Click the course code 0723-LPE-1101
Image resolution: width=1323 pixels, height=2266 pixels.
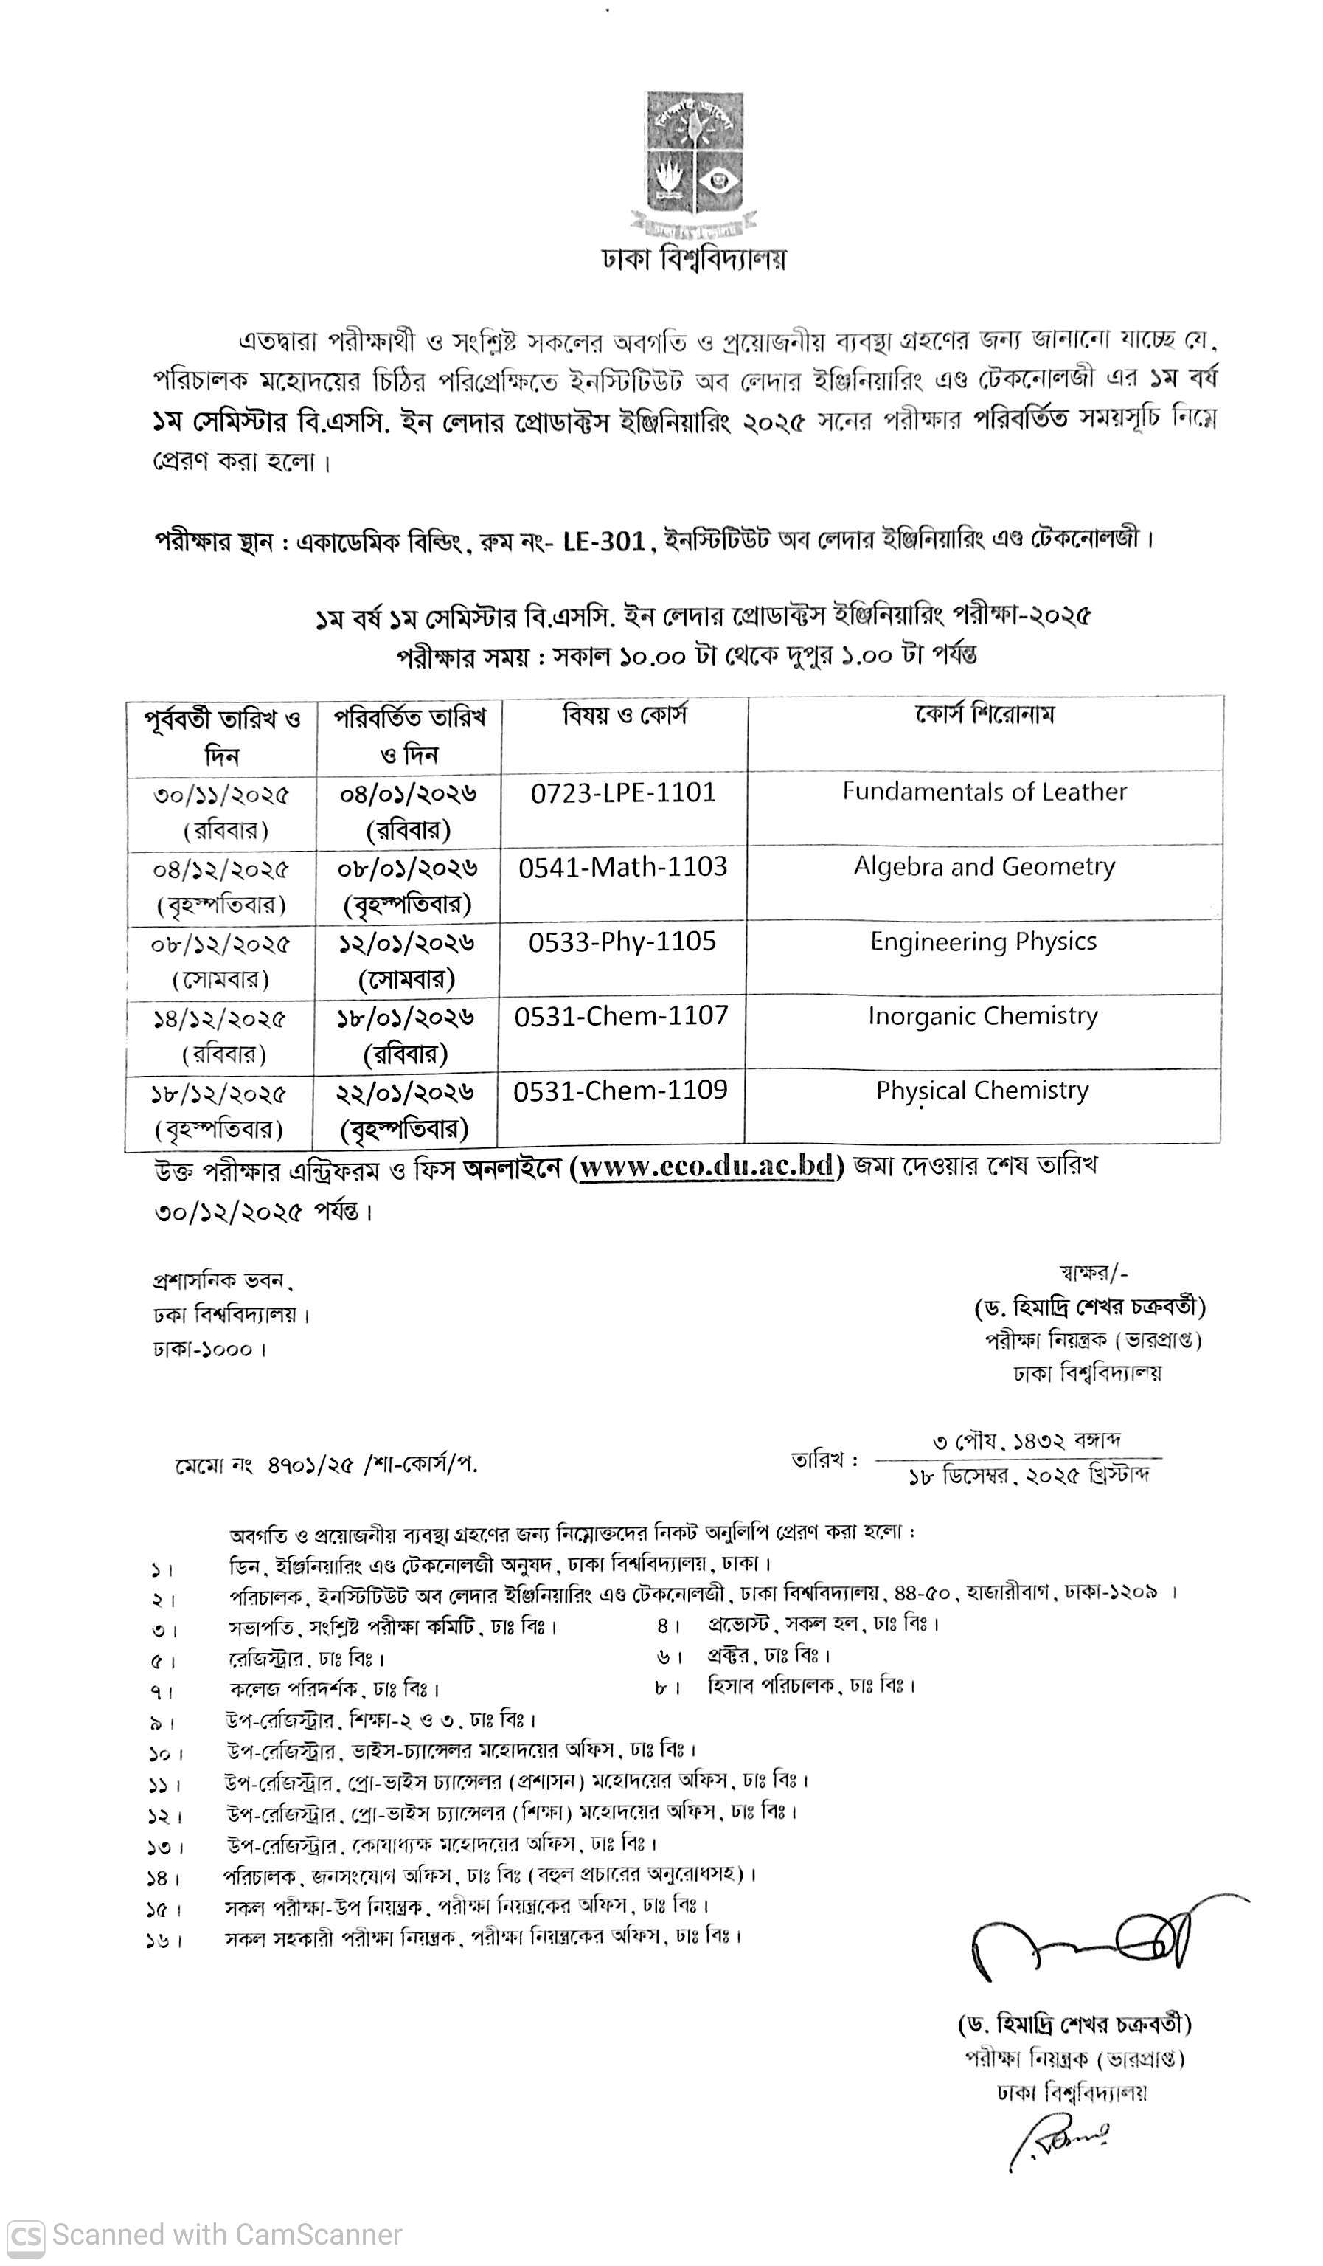(x=623, y=792)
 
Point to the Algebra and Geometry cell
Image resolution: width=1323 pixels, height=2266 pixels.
(x=985, y=867)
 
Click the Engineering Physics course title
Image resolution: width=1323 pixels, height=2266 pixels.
(x=983, y=942)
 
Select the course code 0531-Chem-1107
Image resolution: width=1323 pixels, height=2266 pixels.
(x=621, y=1016)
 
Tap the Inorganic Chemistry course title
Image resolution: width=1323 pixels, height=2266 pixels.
(x=982, y=1016)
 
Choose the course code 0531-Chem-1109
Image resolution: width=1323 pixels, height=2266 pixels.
(x=620, y=1091)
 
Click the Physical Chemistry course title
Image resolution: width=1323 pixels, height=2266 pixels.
(x=982, y=1091)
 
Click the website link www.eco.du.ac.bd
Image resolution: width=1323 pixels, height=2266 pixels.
(x=707, y=1167)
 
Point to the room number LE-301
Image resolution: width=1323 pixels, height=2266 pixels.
(x=604, y=540)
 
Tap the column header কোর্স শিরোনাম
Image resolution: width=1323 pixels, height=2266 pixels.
(x=985, y=715)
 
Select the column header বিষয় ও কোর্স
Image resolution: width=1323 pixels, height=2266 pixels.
(x=625, y=716)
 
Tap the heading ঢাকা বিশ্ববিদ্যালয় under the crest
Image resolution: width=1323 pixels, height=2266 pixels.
(x=694, y=259)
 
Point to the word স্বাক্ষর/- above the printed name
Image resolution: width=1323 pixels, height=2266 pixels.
(x=1093, y=1272)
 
